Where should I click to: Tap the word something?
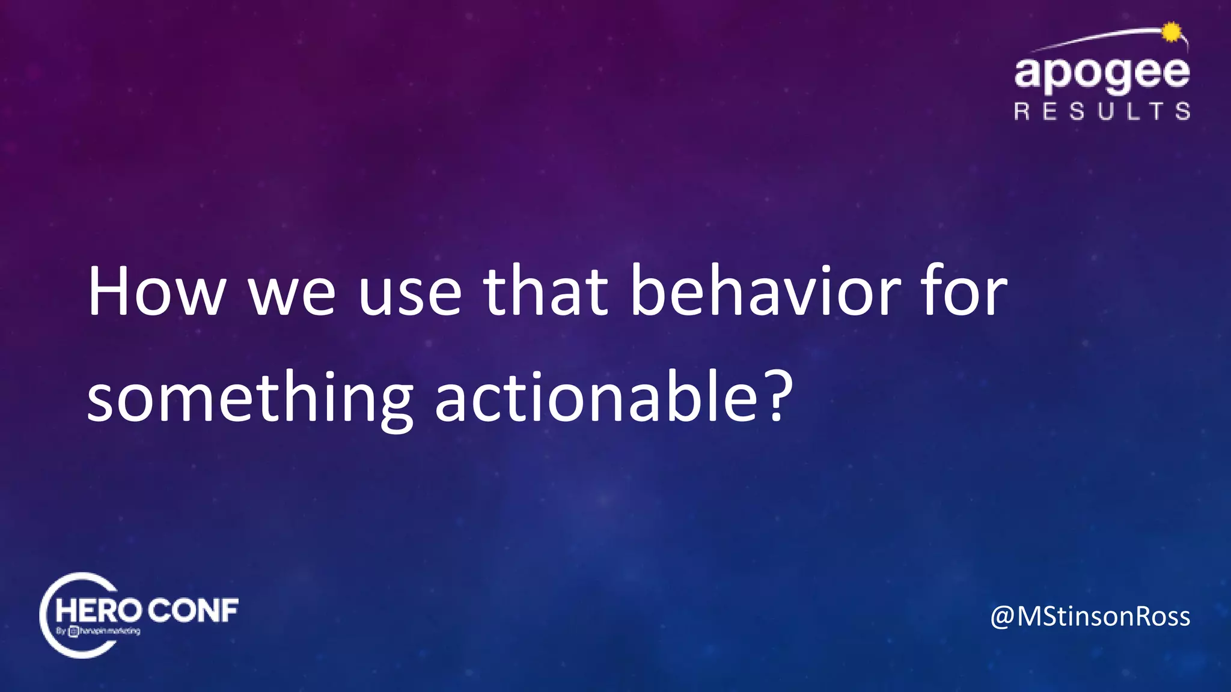(x=249, y=401)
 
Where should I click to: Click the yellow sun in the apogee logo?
(x=1171, y=32)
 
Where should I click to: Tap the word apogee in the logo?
(x=1102, y=73)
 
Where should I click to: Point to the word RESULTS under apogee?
(x=1102, y=112)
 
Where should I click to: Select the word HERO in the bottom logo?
(x=98, y=612)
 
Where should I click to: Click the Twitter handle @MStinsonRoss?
(x=1090, y=617)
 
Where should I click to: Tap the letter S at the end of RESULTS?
(x=1182, y=112)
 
